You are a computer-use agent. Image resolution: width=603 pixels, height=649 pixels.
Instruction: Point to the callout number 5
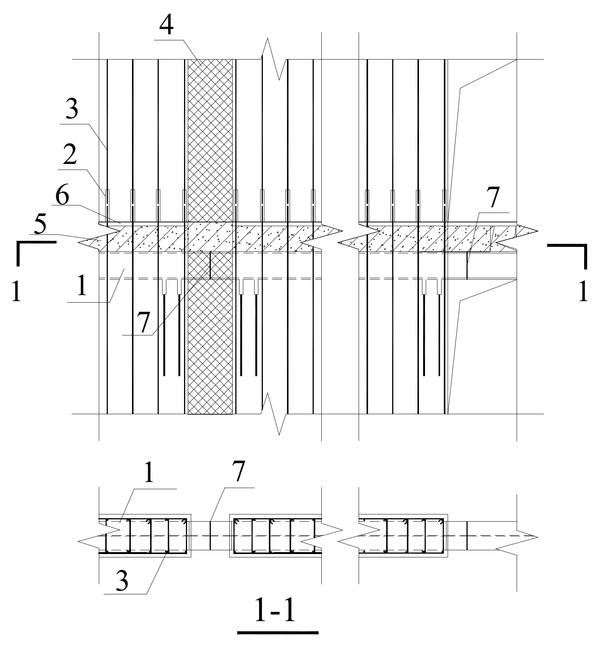[x=39, y=225]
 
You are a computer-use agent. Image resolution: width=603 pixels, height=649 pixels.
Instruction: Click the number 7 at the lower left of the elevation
[x=143, y=322]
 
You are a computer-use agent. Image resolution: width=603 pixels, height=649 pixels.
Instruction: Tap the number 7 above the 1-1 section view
[x=238, y=472]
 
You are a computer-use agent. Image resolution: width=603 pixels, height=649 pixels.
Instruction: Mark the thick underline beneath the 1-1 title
[x=278, y=632]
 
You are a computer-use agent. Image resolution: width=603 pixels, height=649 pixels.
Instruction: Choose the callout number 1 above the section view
[x=149, y=473]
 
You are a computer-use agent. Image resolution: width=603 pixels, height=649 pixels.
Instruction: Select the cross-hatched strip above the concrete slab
[x=210, y=139]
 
